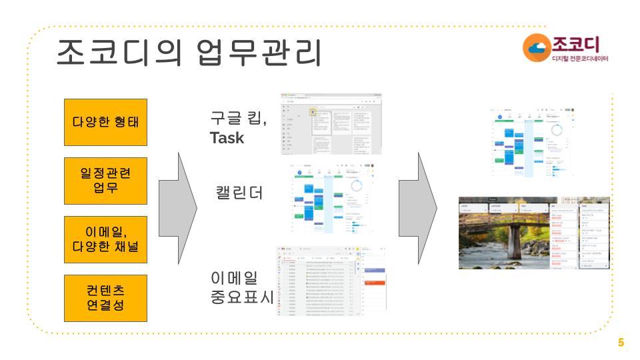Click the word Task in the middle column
click(x=227, y=138)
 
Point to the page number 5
click(x=621, y=343)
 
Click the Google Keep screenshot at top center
click(x=331, y=124)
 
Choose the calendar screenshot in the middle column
click(x=331, y=198)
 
